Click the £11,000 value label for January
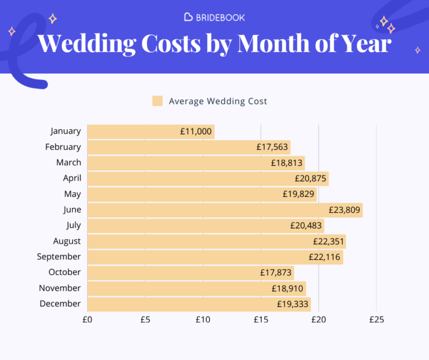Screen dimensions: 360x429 (x=196, y=131)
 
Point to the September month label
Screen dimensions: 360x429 (x=59, y=257)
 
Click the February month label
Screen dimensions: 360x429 (x=63, y=147)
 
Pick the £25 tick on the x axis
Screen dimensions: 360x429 (x=376, y=320)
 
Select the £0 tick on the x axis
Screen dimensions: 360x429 (x=88, y=320)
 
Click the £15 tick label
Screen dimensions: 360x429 (x=260, y=320)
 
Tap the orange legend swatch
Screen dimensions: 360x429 (x=158, y=101)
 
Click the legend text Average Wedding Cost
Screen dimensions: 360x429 (x=218, y=101)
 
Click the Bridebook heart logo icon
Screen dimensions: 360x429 (x=188, y=17)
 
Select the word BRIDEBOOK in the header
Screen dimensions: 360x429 (x=220, y=17)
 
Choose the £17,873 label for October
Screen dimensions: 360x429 (x=276, y=273)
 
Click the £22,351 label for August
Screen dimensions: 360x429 (x=328, y=241)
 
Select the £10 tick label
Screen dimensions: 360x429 (x=203, y=320)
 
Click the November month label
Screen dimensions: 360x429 (x=60, y=288)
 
